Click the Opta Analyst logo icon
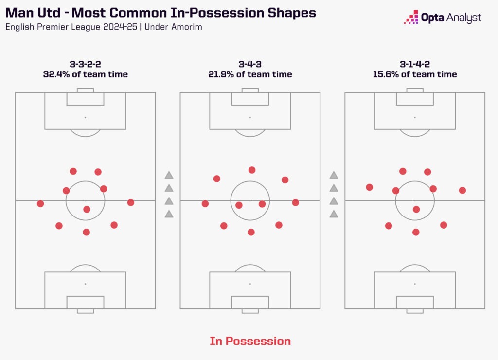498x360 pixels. click(x=410, y=17)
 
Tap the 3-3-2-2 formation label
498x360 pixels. click(x=85, y=63)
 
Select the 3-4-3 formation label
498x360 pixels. click(x=250, y=63)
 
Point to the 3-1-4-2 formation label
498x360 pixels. click(x=414, y=63)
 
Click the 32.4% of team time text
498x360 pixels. click(x=85, y=74)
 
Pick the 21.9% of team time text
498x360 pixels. click(x=250, y=74)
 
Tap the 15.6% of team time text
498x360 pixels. click(x=414, y=74)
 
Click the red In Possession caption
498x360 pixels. click(x=250, y=341)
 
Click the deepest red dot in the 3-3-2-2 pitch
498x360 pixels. click(x=87, y=232)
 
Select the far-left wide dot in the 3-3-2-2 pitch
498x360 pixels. click(x=40, y=203)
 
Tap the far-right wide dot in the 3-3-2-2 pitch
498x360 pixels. click(x=130, y=202)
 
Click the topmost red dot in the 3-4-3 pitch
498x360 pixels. click(x=252, y=170)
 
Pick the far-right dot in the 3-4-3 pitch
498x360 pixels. click(x=295, y=202)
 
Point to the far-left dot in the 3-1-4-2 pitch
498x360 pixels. click(x=370, y=187)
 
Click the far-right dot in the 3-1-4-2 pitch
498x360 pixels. click(x=462, y=190)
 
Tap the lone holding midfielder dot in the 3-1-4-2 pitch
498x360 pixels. click(x=416, y=209)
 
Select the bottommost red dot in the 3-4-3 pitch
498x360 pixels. click(x=251, y=232)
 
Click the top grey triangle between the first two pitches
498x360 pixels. click(x=169, y=175)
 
